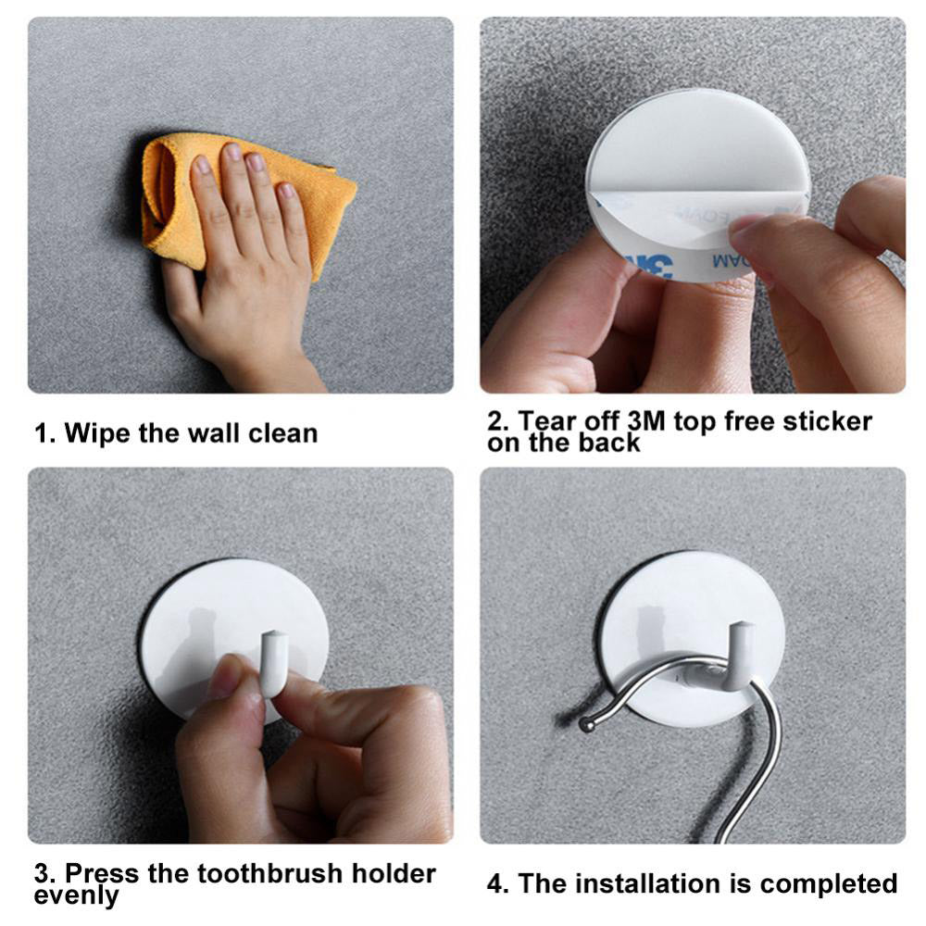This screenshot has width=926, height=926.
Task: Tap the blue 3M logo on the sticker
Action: coord(650,265)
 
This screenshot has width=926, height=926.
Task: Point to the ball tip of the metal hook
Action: coord(587,723)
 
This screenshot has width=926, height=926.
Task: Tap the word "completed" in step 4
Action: coord(829,883)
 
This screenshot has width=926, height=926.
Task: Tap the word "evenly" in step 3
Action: coord(76,895)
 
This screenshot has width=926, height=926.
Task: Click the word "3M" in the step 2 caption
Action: coord(646,421)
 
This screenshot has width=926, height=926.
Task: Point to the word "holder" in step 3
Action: coord(394,873)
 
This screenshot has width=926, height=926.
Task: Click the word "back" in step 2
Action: coord(609,443)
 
